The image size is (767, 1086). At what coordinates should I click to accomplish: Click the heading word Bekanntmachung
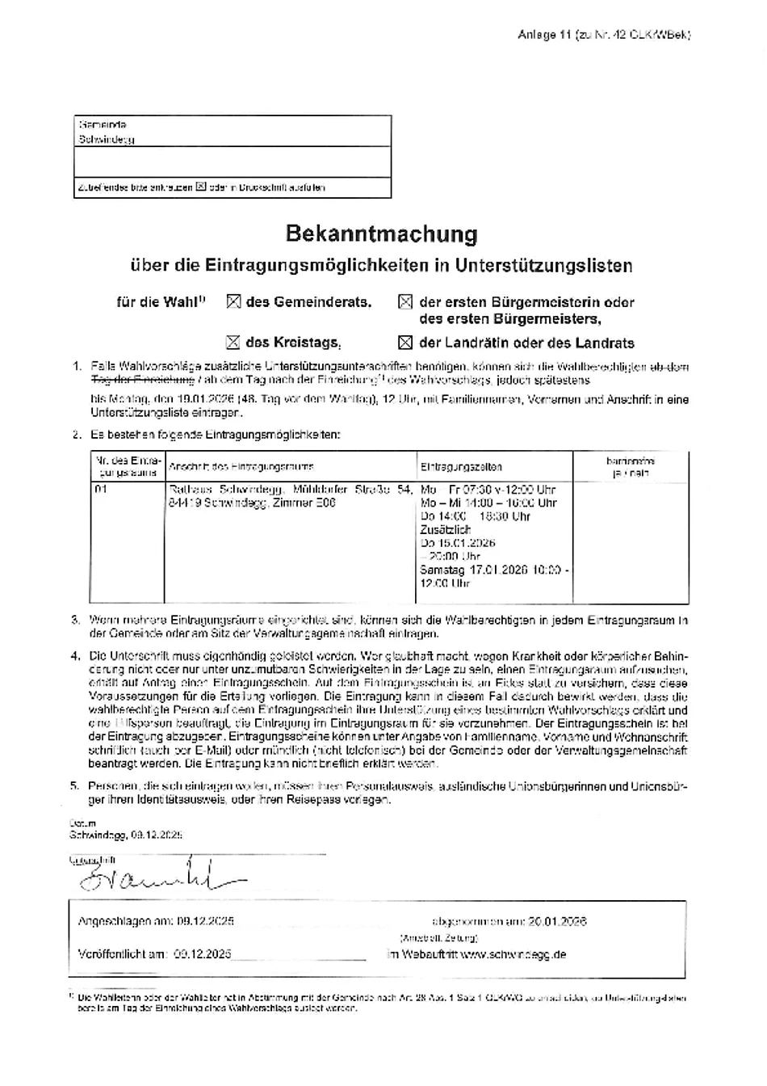pos(381,234)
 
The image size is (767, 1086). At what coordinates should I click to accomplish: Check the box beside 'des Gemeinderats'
pos(233,302)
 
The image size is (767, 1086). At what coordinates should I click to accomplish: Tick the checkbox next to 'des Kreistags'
pos(233,343)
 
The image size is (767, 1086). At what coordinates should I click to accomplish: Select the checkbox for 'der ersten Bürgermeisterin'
pos(405,302)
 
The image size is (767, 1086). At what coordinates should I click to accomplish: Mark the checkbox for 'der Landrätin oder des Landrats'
pos(405,343)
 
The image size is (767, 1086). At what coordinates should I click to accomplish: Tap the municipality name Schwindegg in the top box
pos(107,139)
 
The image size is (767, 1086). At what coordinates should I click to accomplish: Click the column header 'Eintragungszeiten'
pos(461,467)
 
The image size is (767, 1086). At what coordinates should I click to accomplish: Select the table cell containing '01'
pos(101,490)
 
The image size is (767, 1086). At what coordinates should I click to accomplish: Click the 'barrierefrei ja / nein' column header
pos(631,467)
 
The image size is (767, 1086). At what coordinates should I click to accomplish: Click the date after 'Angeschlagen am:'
pos(205,921)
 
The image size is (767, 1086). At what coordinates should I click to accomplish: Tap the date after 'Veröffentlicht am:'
pos(202,954)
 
